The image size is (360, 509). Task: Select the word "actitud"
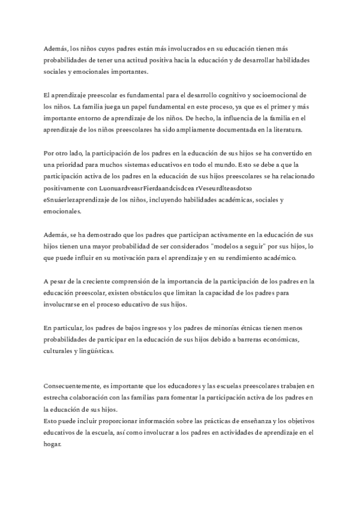pos(130,61)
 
